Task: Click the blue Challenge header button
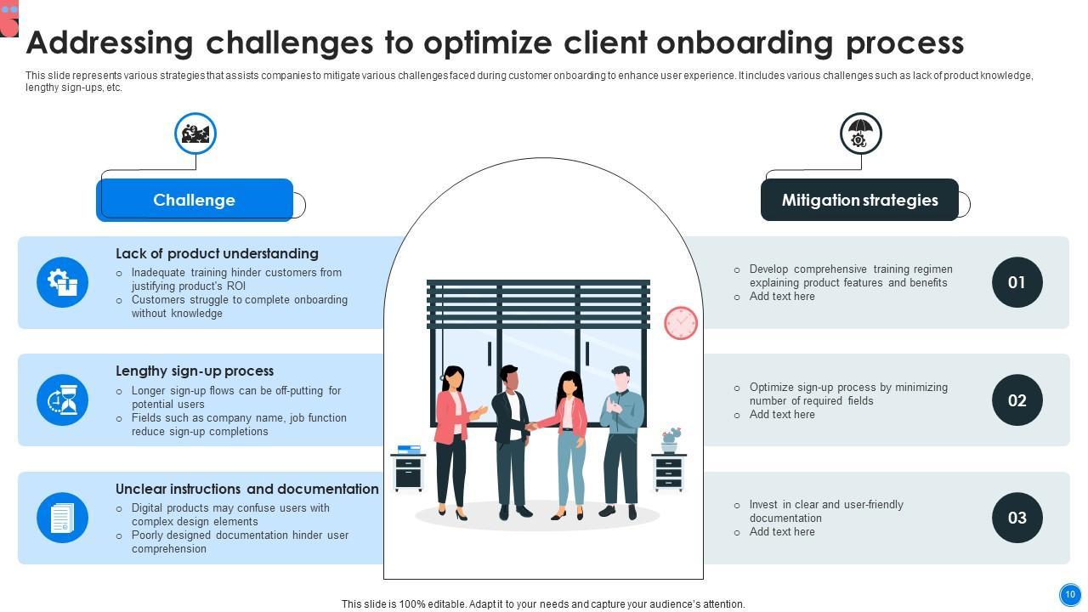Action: [x=195, y=200]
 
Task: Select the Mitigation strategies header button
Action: [x=859, y=200]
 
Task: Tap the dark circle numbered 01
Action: [x=1017, y=282]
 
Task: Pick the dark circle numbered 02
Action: [x=1017, y=399]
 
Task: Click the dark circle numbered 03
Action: [x=1017, y=518]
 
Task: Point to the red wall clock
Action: [x=681, y=323]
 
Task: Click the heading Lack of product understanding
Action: [x=217, y=253]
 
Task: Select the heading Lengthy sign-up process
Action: [x=195, y=371]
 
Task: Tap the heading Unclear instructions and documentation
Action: [x=246, y=489]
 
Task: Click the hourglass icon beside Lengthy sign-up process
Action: [x=63, y=399]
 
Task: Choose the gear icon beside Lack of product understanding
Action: [x=63, y=282]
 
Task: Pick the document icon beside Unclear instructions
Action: [x=63, y=518]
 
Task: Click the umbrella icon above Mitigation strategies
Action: [x=860, y=133]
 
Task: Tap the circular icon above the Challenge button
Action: [x=195, y=133]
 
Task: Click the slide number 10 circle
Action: [x=1069, y=594]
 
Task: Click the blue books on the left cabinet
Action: [x=409, y=449]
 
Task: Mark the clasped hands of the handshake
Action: [x=532, y=427]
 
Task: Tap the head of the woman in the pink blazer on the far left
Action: [x=453, y=377]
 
